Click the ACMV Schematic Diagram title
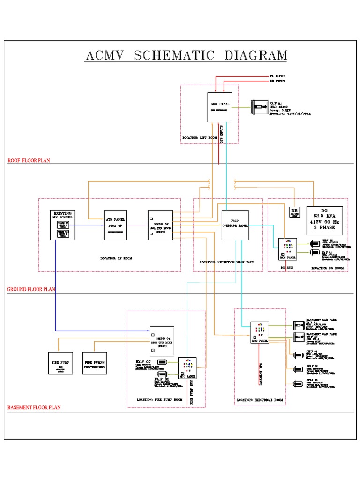point(186,55)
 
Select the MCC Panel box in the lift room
point(220,107)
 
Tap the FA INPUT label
point(277,76)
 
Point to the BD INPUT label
point(277,81)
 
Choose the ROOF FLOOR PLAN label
point(29,161)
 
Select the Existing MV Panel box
point(63,225)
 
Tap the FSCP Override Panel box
point(235,225)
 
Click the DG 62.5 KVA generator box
point(324,220)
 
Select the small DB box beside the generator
point(294,211)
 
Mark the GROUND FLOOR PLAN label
point(31,290)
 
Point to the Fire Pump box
point(60,365)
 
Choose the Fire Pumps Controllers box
point(95,365)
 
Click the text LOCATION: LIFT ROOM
point(200,138)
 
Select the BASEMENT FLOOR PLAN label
point(34,408)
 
